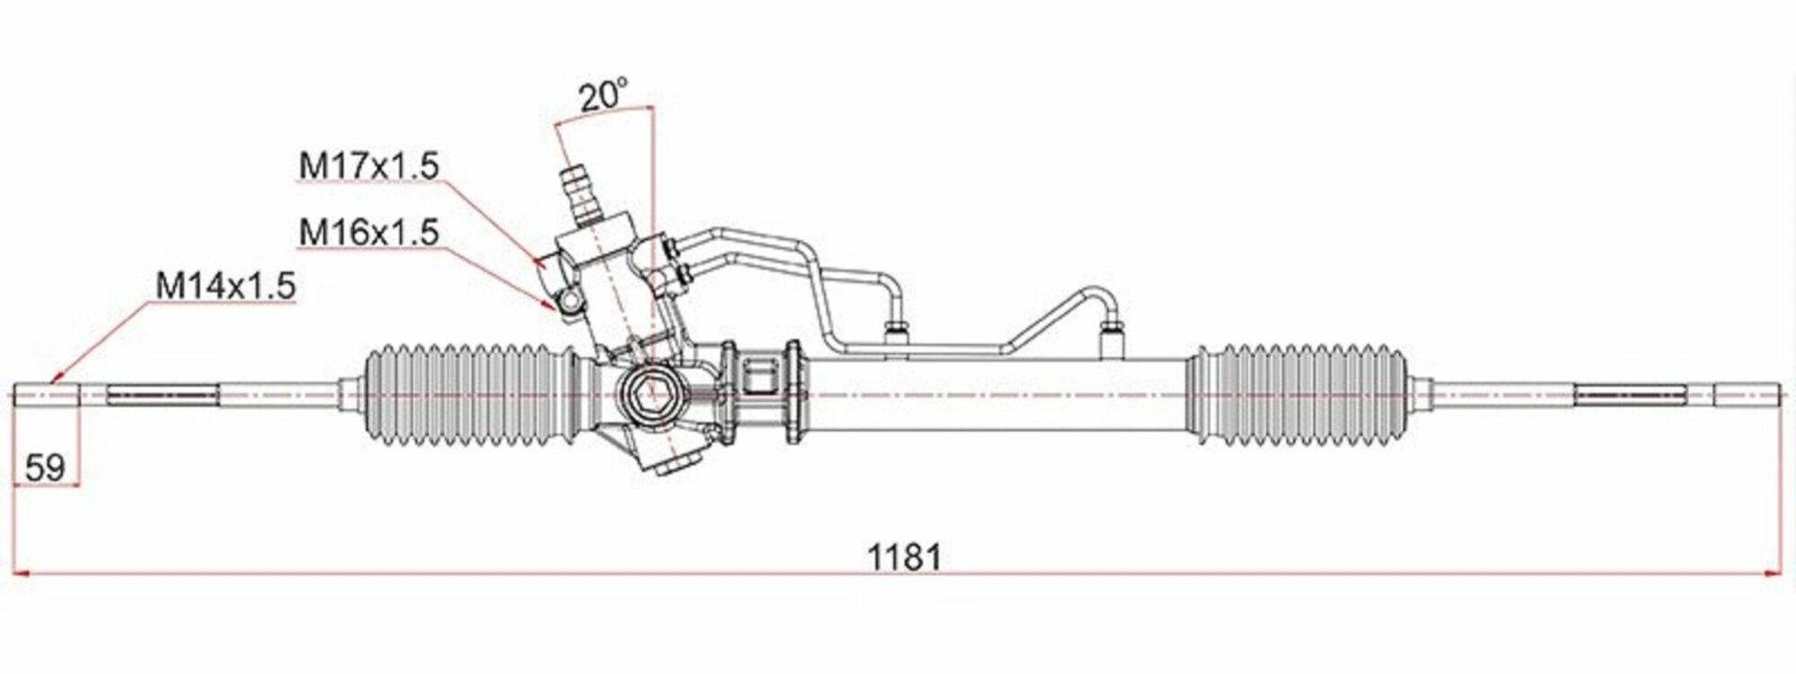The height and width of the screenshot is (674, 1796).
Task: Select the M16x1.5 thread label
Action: pyautogui.click(x=369, y=233)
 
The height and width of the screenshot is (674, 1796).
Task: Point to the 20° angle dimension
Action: pyautogui.click(x=602, y=95)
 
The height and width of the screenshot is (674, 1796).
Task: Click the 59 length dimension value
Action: pyautogui.click(x=46, y=467)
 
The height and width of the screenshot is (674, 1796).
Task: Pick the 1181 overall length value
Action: pyautogui.click(x=904, y=557)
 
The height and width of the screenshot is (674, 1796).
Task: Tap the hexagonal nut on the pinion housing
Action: pyautogui.click(x=647, y=394)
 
